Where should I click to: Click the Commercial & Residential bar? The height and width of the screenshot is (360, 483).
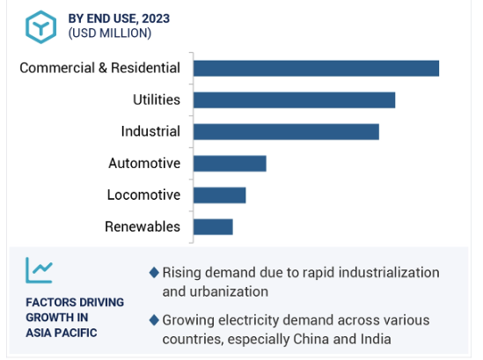tap(317, 68)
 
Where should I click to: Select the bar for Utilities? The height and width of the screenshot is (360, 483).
tap(295, 99)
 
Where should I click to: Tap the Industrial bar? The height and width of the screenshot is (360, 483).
tap(287, 132)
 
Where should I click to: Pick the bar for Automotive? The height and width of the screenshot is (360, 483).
tap(230, 164)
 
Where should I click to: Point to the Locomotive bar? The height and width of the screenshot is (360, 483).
tap(220, 195)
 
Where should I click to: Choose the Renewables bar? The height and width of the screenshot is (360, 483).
tap(213, 227)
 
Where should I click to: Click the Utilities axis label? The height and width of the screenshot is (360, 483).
tap(157, 99)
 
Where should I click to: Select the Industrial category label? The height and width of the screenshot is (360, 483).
tap(150, 131)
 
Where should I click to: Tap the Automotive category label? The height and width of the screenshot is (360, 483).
tap(144, 163)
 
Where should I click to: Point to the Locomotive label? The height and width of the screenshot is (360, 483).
tap(143, 195)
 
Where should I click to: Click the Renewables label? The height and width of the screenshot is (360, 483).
tap(143, 226)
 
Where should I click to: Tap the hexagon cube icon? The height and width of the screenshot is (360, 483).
tap(40, 26)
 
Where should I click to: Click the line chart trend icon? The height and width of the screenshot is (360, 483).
tap(39, 270)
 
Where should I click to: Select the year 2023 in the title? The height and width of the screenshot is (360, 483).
tap(156, 18)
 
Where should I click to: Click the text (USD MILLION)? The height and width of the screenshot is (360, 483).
tap(110, 33)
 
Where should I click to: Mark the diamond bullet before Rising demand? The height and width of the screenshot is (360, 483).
tap(154, 273)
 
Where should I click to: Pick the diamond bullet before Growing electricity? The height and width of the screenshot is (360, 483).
tap(154, 320)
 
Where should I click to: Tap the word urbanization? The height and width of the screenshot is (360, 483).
tap(229, 291)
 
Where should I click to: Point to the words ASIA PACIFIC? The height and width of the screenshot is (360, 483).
tap(62, 333)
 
